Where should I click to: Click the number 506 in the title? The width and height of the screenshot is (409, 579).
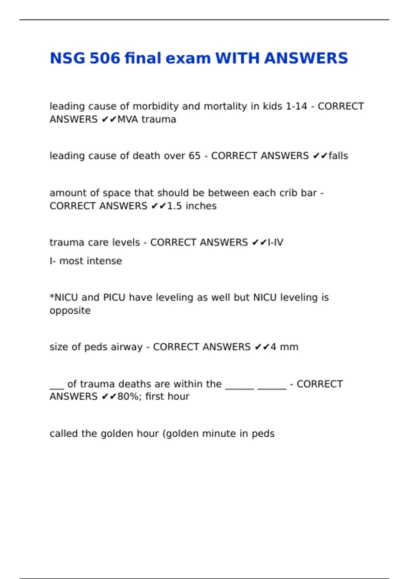[105, 58]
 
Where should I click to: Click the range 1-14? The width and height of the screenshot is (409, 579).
[296, 107]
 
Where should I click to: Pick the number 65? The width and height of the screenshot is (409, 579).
[194, 156]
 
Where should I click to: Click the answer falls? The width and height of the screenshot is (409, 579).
[338, 156]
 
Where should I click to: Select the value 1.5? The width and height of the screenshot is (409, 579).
[175, 206]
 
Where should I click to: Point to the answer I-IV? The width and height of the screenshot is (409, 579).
[275, 242]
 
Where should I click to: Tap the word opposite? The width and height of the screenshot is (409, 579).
[70, 311]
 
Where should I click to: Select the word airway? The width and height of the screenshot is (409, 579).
[128, 347]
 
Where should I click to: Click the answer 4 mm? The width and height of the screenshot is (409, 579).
[284, 347]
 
